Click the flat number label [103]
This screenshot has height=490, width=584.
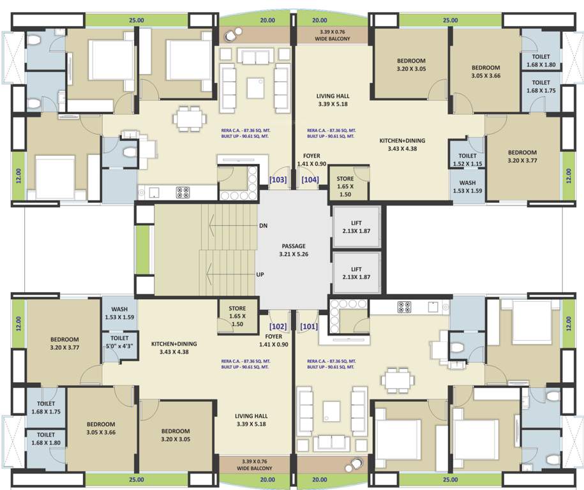click(278, 180)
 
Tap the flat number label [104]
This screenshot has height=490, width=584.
click(310, 180)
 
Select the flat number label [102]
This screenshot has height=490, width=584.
click(278, 326)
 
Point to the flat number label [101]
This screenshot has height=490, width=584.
click(309, 326)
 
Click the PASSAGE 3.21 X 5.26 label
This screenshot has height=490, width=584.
click(294, 250)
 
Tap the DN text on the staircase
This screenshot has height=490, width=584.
click(264, 226)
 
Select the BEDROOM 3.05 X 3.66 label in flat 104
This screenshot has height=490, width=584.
click(486, 71)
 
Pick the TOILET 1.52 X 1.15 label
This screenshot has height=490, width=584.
click(467, 160)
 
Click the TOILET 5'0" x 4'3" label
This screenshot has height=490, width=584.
click(119, 342)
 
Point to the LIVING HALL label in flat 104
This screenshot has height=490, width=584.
click(333, 101)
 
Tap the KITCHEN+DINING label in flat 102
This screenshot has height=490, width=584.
click(174, 348)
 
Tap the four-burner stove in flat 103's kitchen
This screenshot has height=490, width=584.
click(183, 192)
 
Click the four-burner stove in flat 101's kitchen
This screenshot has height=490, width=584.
click(405, 307)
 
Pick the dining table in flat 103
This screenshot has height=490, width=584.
click(189, 119)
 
